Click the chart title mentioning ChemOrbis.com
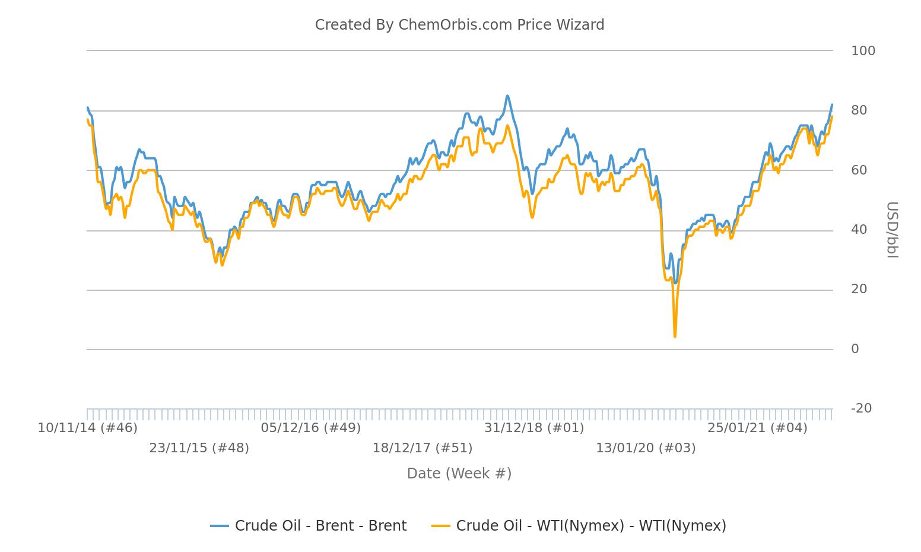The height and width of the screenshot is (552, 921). [459, 25]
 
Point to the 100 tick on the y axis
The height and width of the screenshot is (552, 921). [863, 51]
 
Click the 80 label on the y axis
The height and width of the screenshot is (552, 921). [859, 110]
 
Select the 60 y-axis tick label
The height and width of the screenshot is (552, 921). [859, 170]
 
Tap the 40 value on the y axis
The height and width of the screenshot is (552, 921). [859, 230]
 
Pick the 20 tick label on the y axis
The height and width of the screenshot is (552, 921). [859, 289]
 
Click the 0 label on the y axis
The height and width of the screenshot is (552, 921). [855, 349]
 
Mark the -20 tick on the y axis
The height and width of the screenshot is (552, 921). [861, 408]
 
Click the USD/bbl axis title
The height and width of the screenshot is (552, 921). [891, 230]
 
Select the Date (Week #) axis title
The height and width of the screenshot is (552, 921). [459, 474]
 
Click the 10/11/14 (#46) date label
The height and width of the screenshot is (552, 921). [88, 428]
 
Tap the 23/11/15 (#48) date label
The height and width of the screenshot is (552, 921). [199, 448]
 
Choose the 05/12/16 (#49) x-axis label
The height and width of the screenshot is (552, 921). [311, 428]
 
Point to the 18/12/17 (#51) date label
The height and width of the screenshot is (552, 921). [423, 448]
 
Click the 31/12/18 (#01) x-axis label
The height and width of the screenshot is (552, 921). [534, 428]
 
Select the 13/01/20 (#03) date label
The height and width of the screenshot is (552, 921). [646, 448]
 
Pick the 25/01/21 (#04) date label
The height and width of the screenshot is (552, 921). [757, 428]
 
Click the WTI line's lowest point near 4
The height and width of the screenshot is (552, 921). [675, 337]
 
